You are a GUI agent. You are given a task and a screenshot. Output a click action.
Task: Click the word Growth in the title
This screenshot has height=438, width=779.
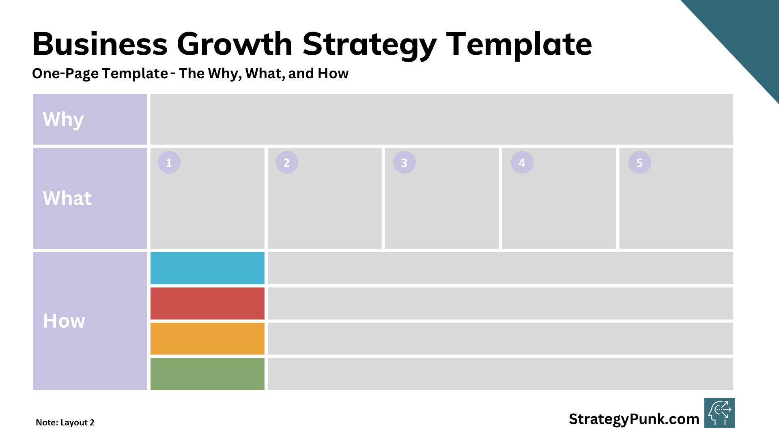pyautogui.click(x=235, y=45)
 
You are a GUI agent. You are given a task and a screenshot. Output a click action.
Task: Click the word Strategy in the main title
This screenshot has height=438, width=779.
pyautogui.click(x=369, y=45)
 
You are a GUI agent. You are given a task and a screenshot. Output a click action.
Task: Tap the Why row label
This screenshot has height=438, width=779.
pyautogui.click(x=63, y=119)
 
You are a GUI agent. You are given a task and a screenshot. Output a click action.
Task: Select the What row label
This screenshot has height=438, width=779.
pyautogui.click(x=67, y=198)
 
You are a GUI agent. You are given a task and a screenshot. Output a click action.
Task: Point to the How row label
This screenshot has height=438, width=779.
pyautogui.click(x=64, y=321)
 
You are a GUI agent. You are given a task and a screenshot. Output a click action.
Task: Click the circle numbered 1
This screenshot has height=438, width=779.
pyautogui.click(x=169, y=163)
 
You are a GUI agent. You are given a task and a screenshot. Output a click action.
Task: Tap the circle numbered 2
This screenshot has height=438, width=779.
pyautogui.click(x=287, y=163)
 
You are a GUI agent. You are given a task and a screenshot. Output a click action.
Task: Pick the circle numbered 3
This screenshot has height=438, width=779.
pyautogui.click(x=405, y=163)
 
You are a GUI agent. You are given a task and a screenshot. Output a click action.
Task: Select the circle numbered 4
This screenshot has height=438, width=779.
pyautogui.click(x=522, y=163)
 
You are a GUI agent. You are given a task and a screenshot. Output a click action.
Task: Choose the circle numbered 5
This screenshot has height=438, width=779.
pyautogui.click(x=640, y=163)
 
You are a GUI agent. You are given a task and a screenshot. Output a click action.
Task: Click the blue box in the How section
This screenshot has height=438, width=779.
pyautogui.click(x=207, y=268)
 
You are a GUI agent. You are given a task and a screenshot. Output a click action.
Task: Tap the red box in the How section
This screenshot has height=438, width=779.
pyautogui.click(x=207, y=303)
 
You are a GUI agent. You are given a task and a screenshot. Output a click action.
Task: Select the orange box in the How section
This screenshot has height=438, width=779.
pyautogui.click(x=207, y=339)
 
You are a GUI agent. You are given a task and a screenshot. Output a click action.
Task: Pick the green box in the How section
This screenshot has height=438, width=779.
pyautogui.click(x=207, y=374)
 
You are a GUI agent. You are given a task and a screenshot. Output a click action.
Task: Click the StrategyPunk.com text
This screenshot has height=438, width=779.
pyautogui.click(x=634, y=419)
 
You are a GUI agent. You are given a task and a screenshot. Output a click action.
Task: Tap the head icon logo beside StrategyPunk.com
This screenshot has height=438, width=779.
pyautogui.click(x=719, y=413)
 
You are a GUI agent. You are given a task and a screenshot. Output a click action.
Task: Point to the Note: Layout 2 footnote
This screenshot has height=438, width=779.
pyautogui.click(x=65, y=423)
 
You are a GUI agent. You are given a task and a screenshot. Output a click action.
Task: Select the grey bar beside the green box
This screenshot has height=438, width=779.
pyautogui.click(x=500, y=374)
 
